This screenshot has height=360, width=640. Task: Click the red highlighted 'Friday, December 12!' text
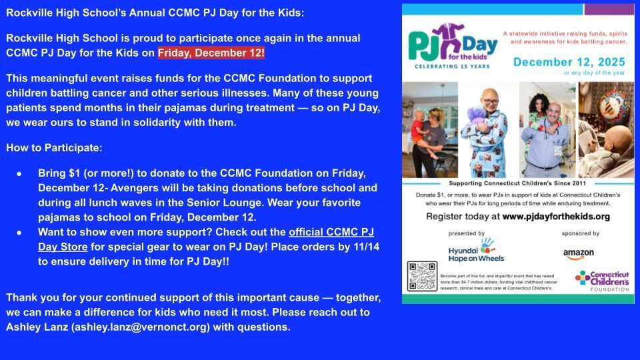tap(211, 53)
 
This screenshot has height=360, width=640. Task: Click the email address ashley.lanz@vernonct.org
tap(141, 327)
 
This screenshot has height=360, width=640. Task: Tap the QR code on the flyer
tap(422, 277)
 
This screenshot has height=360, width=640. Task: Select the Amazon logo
tap(578, 253)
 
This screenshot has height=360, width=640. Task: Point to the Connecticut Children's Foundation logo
tap(602, 280)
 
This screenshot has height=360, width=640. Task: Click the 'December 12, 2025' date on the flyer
tap(569, 62)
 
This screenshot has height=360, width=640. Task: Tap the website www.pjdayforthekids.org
tap(556, 217)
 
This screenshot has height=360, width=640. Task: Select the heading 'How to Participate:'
tap(54, 147)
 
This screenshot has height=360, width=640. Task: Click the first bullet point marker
tap(19, 173)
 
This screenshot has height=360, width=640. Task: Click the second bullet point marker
tap(19, 233)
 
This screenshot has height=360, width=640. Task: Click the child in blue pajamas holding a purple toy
tap(491, 133)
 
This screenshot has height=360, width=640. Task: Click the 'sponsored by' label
tap(580, 234)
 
